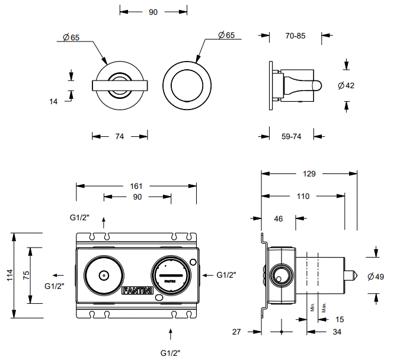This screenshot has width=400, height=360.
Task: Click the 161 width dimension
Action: [136, 186]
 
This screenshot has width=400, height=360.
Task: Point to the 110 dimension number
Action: [303, 196]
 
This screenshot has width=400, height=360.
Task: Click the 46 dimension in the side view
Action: [279, 218]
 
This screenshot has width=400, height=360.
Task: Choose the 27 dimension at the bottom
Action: [237, 332]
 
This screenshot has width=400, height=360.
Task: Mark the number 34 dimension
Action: [337, 332]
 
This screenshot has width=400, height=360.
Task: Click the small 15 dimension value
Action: [340, 320]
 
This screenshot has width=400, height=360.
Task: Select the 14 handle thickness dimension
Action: [54, 101]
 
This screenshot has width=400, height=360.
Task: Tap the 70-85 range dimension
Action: [295, 36]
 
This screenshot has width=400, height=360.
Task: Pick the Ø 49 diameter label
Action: [376, 277]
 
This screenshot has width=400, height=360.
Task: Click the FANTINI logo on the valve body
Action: [137, 290]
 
